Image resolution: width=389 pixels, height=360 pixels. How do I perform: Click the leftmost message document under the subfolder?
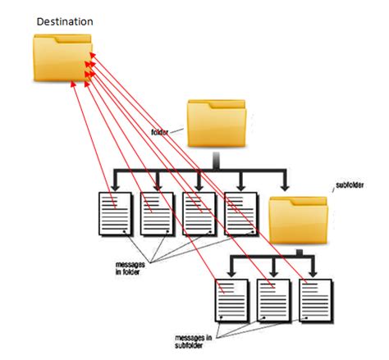[231, 298]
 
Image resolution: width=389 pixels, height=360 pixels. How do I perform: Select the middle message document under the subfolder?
[273, 298]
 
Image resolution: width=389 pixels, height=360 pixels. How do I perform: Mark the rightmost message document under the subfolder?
[316, 298]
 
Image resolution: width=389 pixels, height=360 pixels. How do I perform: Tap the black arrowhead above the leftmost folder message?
[113, 185]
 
